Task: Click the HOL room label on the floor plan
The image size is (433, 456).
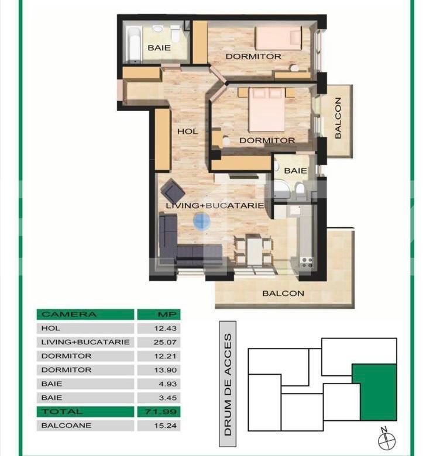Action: point(187,132)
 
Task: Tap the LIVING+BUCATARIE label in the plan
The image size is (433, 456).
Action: point(215,206)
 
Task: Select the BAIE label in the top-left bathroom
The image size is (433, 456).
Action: point(159,48)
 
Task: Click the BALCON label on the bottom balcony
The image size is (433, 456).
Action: point(283,293)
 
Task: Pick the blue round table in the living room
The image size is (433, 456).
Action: point(202,221)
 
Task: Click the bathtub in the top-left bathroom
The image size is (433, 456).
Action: point(133,42)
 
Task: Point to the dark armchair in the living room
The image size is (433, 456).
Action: point(173,190)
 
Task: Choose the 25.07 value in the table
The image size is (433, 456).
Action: point(159,342)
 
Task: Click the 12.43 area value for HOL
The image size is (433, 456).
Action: point(159,329)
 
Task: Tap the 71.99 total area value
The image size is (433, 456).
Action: point(159,412)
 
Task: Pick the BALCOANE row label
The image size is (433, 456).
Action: point(66,426)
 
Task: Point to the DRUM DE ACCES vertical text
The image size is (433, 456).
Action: point(228,386)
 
